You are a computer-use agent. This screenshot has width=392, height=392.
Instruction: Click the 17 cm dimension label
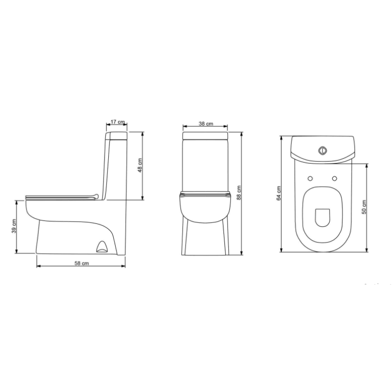point(118,122)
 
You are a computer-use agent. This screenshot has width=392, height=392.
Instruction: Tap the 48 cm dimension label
point(140,166)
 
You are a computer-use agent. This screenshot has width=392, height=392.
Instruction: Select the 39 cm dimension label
point(14,226)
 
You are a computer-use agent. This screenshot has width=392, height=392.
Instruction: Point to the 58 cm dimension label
point(81,263)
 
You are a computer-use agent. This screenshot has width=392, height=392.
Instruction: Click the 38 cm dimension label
point(206,123)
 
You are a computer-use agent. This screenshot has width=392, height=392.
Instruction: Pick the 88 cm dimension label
point(239,193)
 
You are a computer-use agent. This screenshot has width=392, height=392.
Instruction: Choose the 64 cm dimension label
point(279,193)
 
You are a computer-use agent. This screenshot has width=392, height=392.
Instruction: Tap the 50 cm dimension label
point(364,207)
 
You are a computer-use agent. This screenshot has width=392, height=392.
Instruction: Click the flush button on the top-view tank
point(322,150)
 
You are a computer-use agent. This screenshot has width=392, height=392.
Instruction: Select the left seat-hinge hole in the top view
point(310,178)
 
